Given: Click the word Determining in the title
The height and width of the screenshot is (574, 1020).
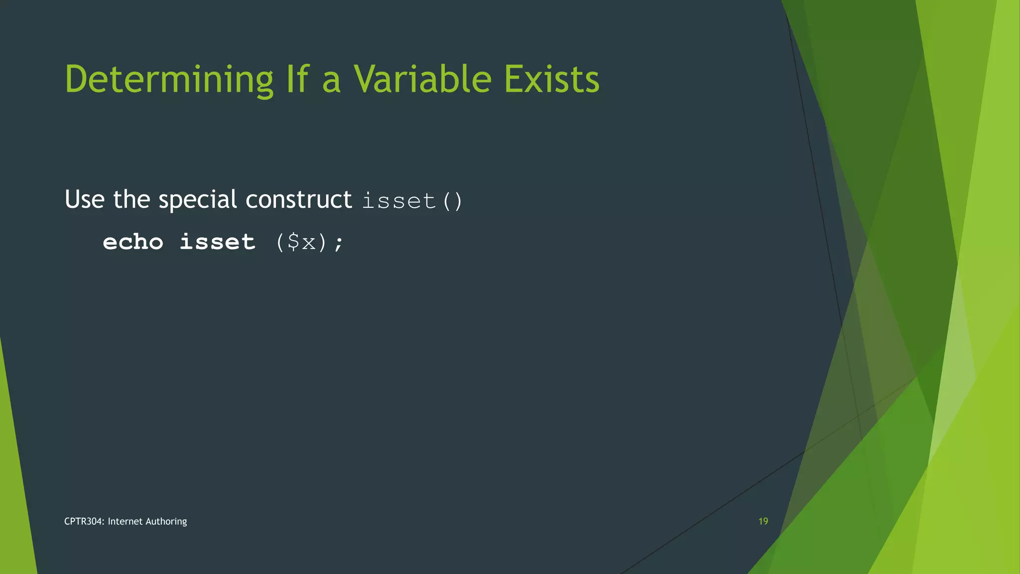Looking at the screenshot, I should tap(169, 80).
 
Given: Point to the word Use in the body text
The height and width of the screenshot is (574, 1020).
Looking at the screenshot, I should tap(85, 199).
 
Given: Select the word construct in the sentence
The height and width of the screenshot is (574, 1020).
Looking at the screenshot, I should tap(298, 199).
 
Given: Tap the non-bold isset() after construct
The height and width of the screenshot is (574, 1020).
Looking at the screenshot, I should tap(412, 201).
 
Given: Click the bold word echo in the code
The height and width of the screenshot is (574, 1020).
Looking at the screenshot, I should tap(133, 242).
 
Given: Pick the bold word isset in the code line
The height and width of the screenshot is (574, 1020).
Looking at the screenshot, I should tap(217, 242).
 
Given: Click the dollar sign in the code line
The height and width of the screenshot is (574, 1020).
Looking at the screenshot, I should tap(294, 242).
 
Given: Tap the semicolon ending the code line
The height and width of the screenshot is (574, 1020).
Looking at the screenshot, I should tap(339, 244).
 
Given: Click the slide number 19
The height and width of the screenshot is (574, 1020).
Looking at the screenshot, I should tap(763, 521).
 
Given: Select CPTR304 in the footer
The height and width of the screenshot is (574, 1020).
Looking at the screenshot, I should tap(84, 521).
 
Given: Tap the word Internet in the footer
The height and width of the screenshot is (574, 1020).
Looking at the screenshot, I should tap(125, 521).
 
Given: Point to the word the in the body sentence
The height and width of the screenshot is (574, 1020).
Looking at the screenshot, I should tap(131, 199).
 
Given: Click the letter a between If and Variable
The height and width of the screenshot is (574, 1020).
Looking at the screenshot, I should tap(331, 82).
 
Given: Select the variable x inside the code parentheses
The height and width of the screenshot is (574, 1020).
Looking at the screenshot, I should tap(309, 243).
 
